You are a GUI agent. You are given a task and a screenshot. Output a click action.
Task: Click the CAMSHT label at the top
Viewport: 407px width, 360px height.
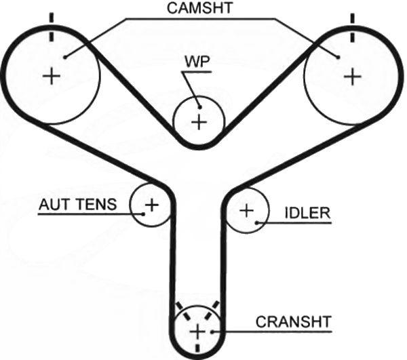(199, 8)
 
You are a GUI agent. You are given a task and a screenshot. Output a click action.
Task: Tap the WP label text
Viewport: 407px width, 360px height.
(197, 62)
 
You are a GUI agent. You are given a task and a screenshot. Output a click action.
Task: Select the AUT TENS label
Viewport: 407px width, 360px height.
(77, 204)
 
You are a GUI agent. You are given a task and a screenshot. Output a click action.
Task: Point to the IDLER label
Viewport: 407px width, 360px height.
(307, 213)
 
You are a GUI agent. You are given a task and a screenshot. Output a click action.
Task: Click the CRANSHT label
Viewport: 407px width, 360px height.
(294, 321)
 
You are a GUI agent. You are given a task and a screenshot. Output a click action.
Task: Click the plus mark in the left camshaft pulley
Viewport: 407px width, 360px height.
(52, 76)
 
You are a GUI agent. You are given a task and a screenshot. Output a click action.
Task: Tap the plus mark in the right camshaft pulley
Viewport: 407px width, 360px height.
(352, 76)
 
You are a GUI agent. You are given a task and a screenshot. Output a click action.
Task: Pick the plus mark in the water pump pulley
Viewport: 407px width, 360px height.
(199, 122)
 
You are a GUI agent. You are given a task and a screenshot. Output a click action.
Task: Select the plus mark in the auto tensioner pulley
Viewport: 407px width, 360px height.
(152, 205)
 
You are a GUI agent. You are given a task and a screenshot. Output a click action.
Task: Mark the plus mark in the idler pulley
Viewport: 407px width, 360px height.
(247, 210)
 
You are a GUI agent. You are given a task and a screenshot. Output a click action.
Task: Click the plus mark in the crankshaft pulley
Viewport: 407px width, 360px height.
(197, 332)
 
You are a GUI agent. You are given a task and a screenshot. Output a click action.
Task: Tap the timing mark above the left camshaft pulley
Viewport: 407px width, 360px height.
(52, 27)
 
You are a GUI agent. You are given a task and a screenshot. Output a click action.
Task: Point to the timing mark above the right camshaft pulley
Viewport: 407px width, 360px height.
(352, 28)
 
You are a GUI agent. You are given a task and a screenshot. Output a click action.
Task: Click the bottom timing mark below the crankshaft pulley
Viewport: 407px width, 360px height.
(198, 348)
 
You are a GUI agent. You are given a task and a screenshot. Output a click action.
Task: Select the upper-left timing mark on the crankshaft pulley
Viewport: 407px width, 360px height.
(182, 311)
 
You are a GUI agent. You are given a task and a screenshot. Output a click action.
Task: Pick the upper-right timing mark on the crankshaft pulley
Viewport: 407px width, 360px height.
(212, 311)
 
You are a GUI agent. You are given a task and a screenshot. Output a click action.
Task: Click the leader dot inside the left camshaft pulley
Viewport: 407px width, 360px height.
(65, 57)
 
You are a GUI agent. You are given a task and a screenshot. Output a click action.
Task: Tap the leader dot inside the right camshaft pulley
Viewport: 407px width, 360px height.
(338, 57)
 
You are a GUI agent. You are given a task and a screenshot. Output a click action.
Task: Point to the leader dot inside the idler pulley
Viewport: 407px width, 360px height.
(256, 222)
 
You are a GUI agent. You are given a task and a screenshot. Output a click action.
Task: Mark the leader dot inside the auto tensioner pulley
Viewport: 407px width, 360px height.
(143, 214)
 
